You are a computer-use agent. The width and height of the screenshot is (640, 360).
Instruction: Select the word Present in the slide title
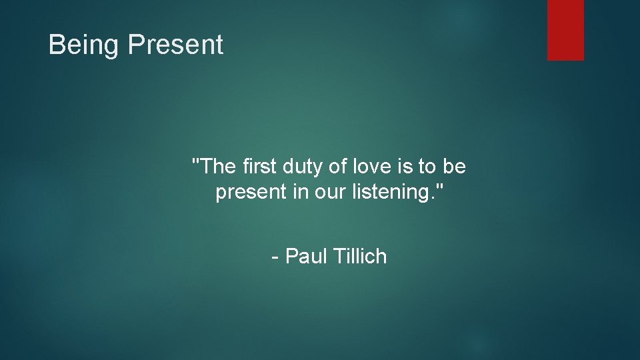point(175,45)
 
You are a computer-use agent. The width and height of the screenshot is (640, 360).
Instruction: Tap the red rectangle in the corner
point(565,30)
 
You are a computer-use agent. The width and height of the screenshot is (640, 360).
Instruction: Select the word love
point(369,167)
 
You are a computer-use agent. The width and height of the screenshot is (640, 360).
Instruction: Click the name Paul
point(307,256)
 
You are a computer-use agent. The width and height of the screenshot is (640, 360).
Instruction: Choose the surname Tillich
point(361,256)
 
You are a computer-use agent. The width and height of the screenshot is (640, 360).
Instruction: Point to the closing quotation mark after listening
point(439,189)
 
